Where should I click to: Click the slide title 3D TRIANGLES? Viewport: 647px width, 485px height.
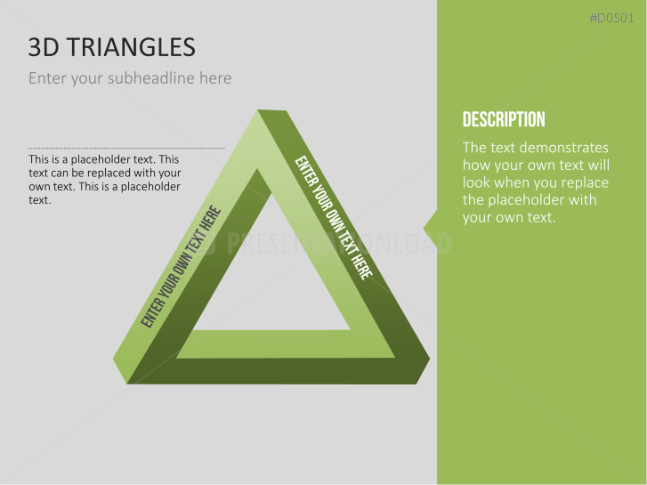(x=112, y=47)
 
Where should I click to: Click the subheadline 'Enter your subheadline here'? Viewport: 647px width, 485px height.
(x=130, y=78)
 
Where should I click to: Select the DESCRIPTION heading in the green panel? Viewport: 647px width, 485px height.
(x=504, y=119)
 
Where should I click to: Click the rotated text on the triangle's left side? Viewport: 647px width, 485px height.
(x=181, y=267)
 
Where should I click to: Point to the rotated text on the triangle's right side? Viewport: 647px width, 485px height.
(x=334, y=217)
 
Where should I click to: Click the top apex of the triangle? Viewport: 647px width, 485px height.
(x=260, y=114)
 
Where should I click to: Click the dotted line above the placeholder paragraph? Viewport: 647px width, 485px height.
(x=126, y=149)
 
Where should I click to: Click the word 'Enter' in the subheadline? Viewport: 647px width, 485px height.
(x=47, y=78)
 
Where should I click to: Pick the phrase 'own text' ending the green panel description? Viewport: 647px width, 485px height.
(x=524, y=217)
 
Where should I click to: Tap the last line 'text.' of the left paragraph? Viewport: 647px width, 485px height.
(x=39, y=200)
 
